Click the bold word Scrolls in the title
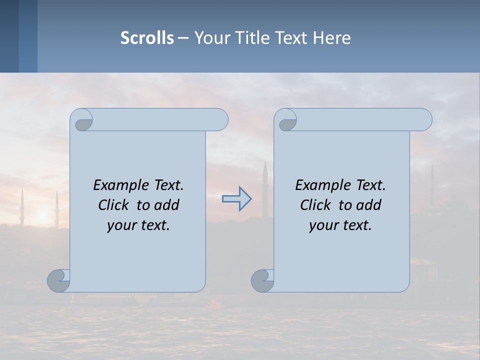tap(147, 38)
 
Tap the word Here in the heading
tap(332, 38)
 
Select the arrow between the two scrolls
tap(236, 199)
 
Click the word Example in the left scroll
tap(116, 185)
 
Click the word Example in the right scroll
tap(318, 185)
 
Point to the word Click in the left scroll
tap(113, 205)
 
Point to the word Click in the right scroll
tap(315, 205)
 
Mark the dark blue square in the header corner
tap(9, 36)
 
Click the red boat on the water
tap(216, 302)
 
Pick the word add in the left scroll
tap(166, 205)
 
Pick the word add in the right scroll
tap(368, 205)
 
